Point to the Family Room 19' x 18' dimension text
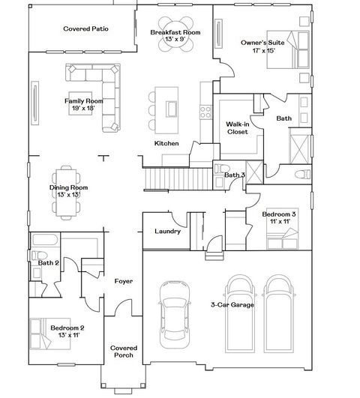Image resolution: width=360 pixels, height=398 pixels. [82, 108]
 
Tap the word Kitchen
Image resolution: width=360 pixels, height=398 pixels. [166, 143]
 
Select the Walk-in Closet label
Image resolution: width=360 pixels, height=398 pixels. [238, 127]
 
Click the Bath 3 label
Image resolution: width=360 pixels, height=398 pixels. [234, 175]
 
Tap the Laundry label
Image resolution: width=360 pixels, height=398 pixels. [167, 232]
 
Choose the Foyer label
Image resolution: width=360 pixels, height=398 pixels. [124, 281]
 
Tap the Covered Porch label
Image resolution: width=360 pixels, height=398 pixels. [122, 352]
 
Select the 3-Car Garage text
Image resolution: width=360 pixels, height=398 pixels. [231, 305]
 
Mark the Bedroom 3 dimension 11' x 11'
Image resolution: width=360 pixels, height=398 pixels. [274, 223]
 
